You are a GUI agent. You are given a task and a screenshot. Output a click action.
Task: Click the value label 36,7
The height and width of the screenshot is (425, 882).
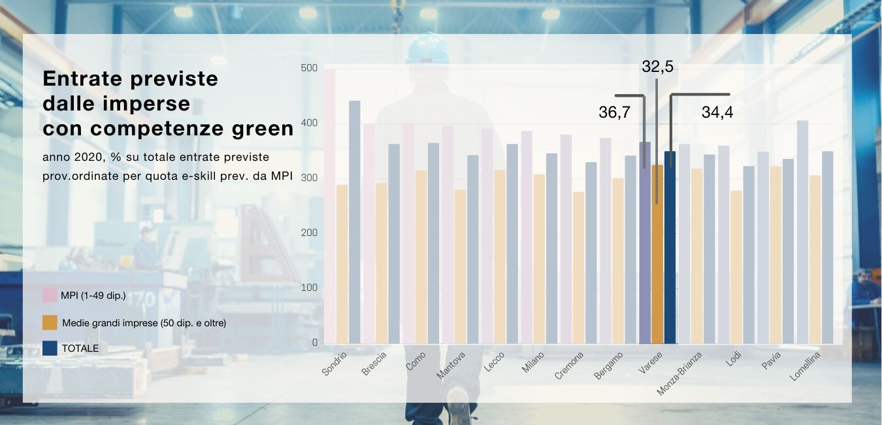(614, 112)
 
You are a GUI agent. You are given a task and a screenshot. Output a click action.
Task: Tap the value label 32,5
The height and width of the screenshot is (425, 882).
(657, 67)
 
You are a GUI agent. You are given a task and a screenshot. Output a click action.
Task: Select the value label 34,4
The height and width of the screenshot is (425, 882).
(717, 112)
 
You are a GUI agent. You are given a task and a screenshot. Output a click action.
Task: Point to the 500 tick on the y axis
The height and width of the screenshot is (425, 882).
(310, 69)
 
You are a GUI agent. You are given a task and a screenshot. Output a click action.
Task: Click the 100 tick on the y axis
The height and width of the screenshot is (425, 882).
(310, 288)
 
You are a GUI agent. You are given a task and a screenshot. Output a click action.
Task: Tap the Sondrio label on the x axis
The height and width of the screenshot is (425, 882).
(335, 364)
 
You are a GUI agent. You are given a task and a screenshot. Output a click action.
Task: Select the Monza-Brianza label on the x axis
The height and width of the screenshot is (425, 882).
(679, 373)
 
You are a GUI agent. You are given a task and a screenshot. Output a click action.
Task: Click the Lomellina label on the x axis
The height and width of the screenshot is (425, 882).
(805, 367)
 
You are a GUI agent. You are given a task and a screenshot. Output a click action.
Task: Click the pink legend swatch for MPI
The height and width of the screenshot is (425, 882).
(50, 295)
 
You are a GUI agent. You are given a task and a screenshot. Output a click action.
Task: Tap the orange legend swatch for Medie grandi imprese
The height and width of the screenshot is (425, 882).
(50, 322)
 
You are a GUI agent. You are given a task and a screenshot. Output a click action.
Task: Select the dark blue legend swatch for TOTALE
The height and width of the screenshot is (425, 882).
(50, 348)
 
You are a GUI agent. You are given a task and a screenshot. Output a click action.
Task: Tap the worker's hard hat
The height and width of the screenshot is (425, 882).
(428, 49)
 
